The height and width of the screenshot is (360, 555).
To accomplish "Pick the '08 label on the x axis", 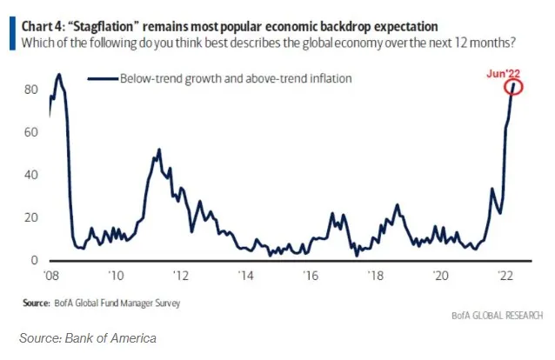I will (x=51, y=276).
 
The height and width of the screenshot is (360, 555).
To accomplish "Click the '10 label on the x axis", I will (x=116, y=276).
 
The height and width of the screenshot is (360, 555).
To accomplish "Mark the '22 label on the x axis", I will (x=505, y=276).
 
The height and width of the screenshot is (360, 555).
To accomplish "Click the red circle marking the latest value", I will (x=515, y=87).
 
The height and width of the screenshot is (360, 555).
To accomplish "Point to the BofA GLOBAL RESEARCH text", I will (x=498, y=314).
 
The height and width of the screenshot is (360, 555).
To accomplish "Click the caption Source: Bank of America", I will (x=88, y=337).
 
